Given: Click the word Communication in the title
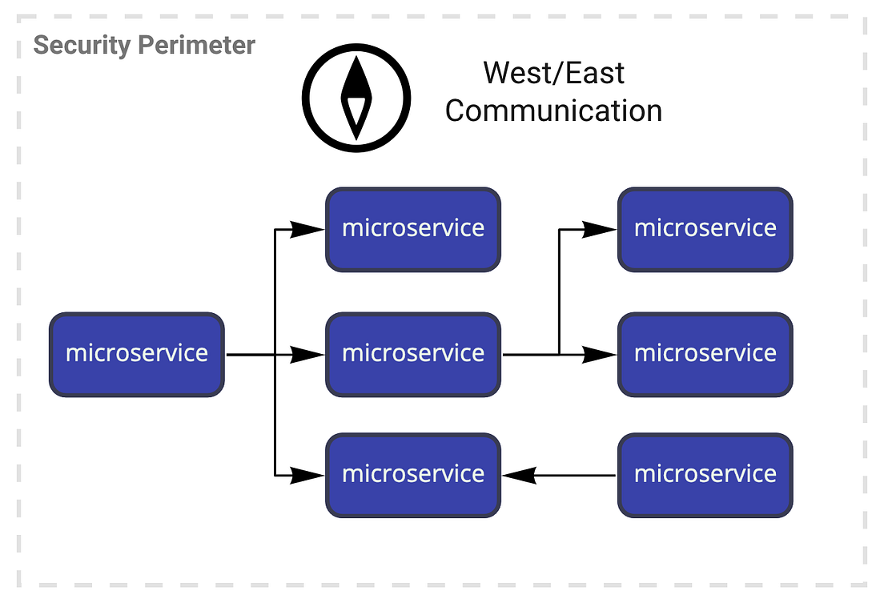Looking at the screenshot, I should pyautogui.click(x=553, y=111).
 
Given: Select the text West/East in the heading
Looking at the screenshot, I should pyautogui.click(x=553, y=74).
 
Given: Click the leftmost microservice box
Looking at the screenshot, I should pyautogui.click(x=137, y=354).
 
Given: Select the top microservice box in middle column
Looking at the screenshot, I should pyautogui.click(x=413, y=229).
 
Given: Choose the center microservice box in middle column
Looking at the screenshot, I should pyautogui.click(x=413, y=354).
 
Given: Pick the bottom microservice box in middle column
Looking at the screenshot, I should pyautogui.click(x=413, y=475).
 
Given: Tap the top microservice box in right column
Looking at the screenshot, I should pyautogui.click(x=705, y=229).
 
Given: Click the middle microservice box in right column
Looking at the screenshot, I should pyautogui.click(x=705, y=354).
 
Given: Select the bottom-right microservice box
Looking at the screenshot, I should pyautogui.click(x=705, y=475).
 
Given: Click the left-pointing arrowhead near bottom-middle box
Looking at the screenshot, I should pyautogui.click(x=519, y=476).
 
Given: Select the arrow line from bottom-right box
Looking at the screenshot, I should pyautogui.click(x=577, y=476).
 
